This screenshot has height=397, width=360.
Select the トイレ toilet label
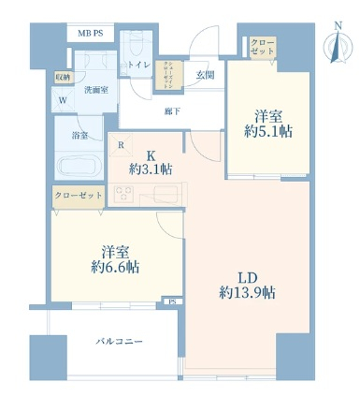[x=139, y=66]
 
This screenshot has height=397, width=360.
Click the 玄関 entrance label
[x=205, y=75]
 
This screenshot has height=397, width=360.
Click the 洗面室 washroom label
[x=94, y=90]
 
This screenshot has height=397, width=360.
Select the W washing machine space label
[x=63, y=101]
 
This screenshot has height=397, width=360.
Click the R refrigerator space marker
[x=122, y=145]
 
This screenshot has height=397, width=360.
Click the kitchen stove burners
[x=125, y=194]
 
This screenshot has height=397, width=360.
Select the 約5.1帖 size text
[x=269, y=134]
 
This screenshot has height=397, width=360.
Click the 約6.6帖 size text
[x=108, y=266]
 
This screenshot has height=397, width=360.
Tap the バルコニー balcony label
[x=119, y=342]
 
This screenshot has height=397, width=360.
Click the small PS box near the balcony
[x=171, y=301]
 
